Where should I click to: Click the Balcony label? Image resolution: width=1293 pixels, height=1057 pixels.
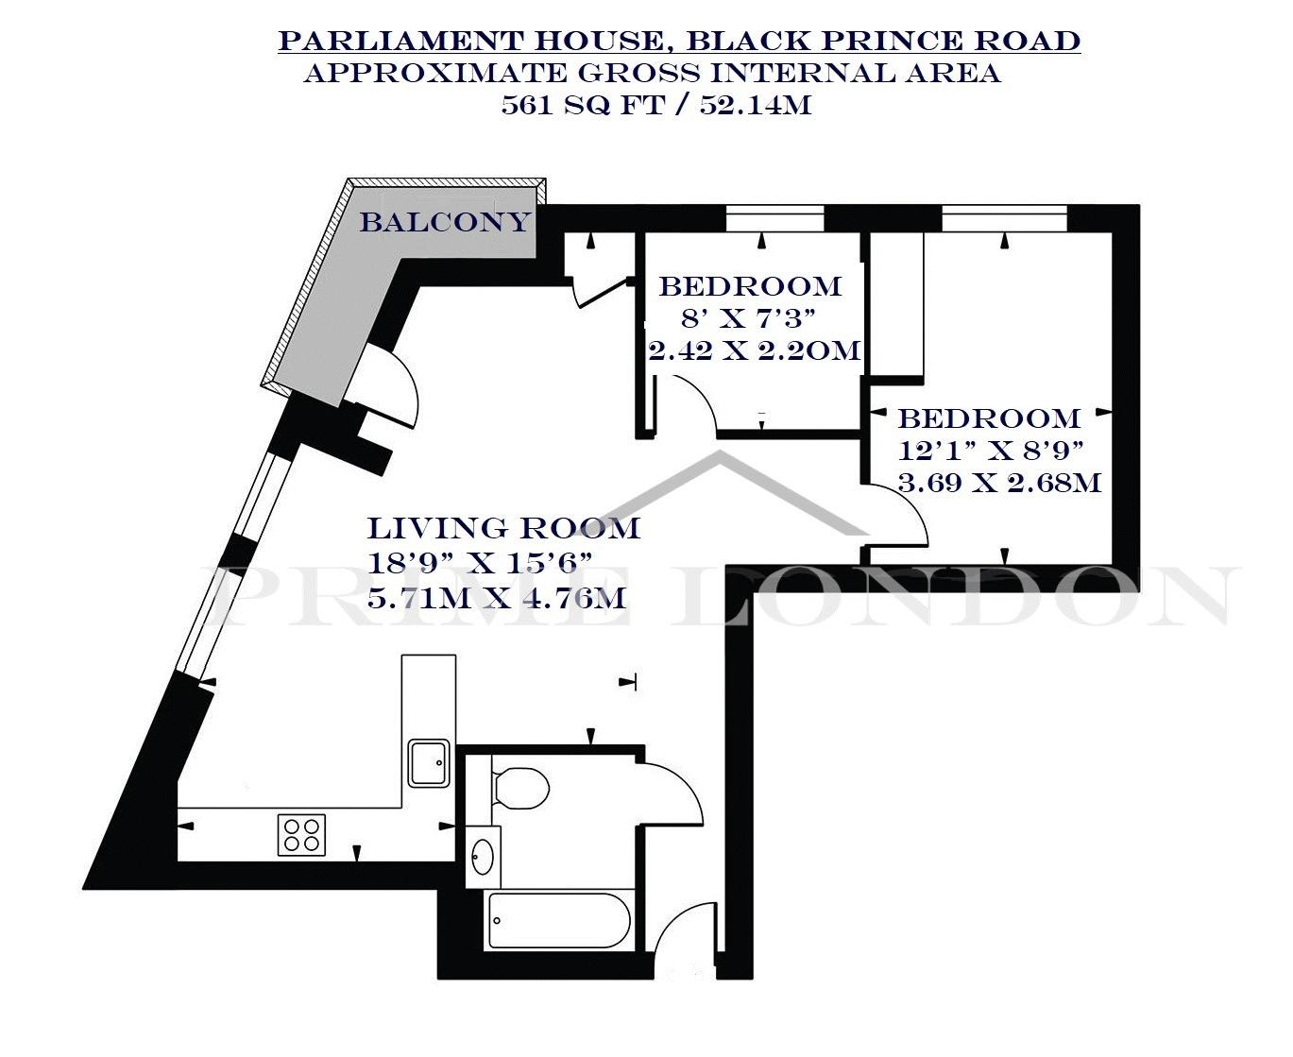click(x=445, y=222)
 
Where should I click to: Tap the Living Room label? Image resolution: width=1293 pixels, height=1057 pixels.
click(x=503, y=528)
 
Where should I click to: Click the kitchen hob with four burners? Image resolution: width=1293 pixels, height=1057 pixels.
click(x=301, y=834)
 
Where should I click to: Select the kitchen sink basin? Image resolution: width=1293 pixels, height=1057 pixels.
click(x=429, y=763)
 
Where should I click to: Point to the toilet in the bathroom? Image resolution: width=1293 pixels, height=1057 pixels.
click(x=519, y=788)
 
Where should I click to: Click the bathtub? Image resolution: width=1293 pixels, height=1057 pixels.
click(x=558, y=920)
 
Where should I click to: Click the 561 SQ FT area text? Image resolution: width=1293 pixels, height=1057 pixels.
click(x=583, y=106)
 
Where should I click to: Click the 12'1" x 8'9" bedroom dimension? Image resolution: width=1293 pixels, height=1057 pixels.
click(x=991, y=452)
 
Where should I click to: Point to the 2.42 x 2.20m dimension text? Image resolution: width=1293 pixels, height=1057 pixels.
click(x=754, y=351)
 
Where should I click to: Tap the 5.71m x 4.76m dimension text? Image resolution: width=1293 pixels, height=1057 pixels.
click(x=496, y=598)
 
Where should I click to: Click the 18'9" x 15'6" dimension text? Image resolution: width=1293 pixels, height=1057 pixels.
click(x=480, y=563)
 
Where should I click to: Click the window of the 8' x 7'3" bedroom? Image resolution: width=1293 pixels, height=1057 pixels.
click(x=774, y=219)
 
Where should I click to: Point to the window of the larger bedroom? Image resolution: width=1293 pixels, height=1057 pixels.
click(x=1005, y=219)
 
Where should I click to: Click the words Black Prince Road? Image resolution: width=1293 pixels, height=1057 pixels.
click(x=883, y=41)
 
